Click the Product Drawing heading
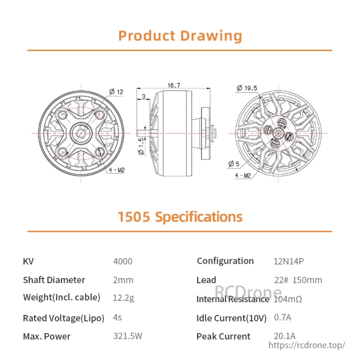180,36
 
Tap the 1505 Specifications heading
180,217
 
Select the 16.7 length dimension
173,85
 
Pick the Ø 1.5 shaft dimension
141,146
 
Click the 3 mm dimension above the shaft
143,96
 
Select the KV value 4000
123,261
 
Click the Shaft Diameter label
54,280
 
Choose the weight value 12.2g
124,298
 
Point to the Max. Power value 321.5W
128,336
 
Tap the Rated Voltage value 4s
117,317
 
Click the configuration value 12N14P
289,261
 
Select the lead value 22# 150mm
298,280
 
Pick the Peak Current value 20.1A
285,336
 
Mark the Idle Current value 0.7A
283,317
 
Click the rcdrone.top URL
307,345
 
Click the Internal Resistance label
232,299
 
